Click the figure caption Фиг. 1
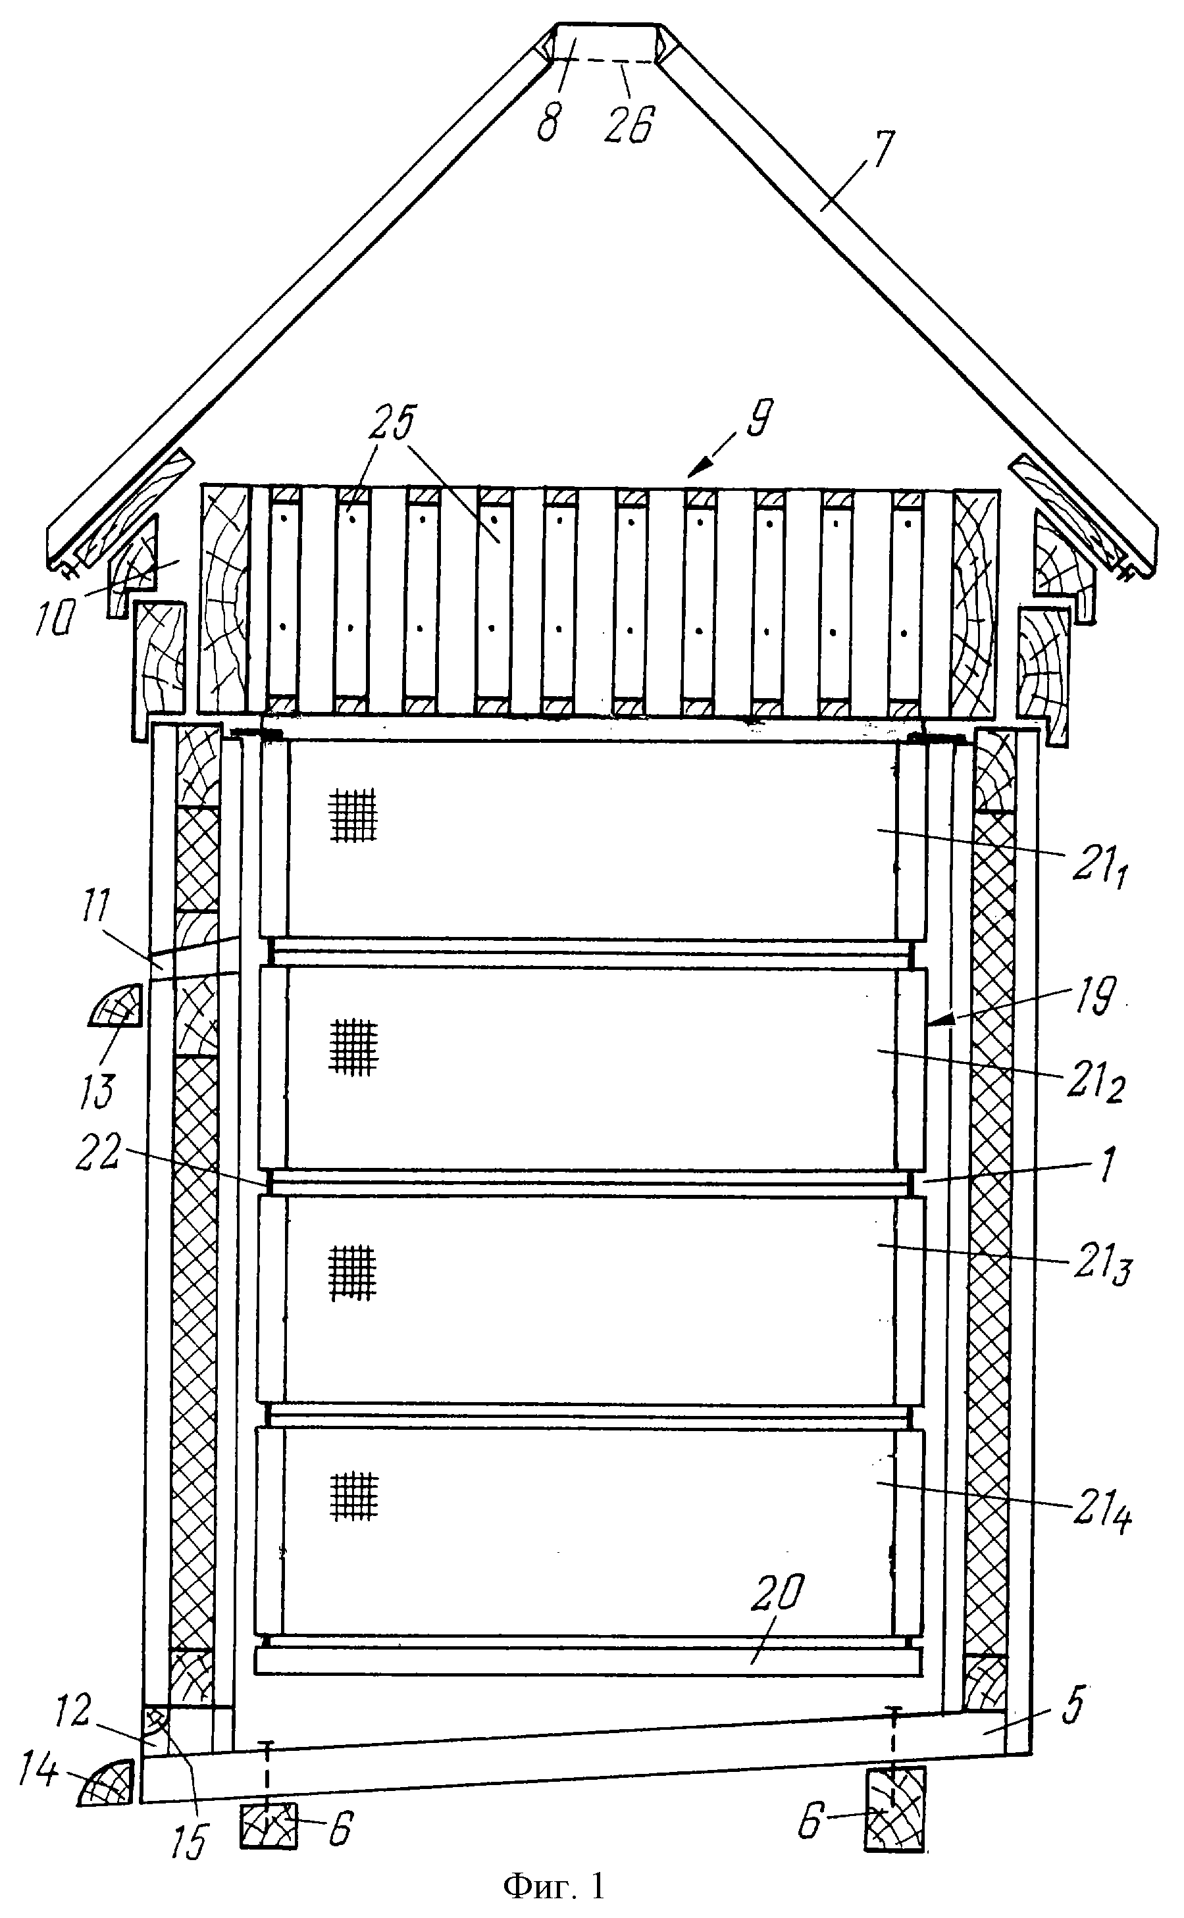[554, 1885]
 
